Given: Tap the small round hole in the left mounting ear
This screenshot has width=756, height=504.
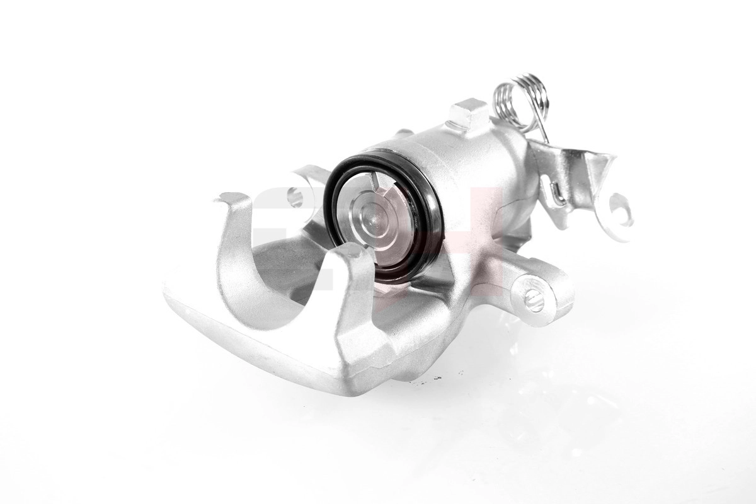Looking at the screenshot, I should point(294,197).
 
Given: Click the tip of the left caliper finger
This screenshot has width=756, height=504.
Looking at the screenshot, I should point(231,198).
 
